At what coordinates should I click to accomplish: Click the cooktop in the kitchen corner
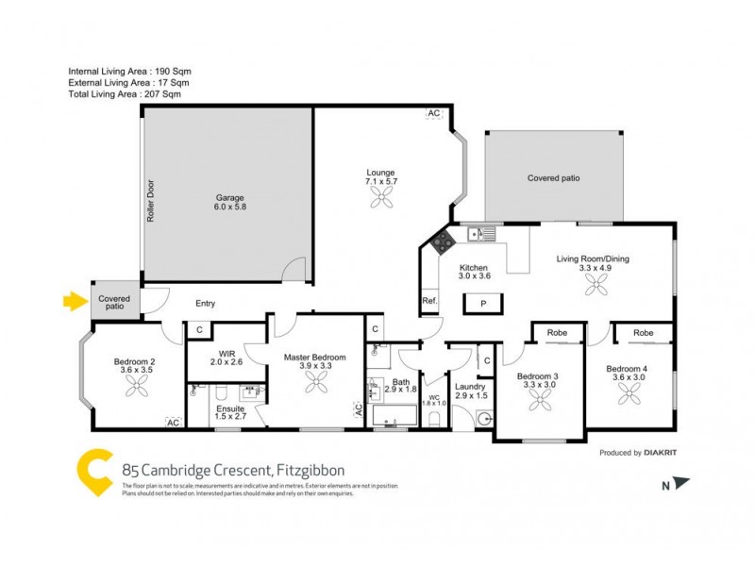[440, 242]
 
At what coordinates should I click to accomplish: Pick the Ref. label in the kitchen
[429, 302]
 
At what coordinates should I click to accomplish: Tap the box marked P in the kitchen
[482, 304]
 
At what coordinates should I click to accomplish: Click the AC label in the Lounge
[433, 114]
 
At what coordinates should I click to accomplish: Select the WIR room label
[226, 357]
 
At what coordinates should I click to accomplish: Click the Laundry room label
[469, 387]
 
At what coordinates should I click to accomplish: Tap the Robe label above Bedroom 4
[644, 333]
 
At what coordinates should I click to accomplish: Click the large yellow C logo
[94, 470]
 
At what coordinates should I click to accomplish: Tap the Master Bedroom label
[315, 358]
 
